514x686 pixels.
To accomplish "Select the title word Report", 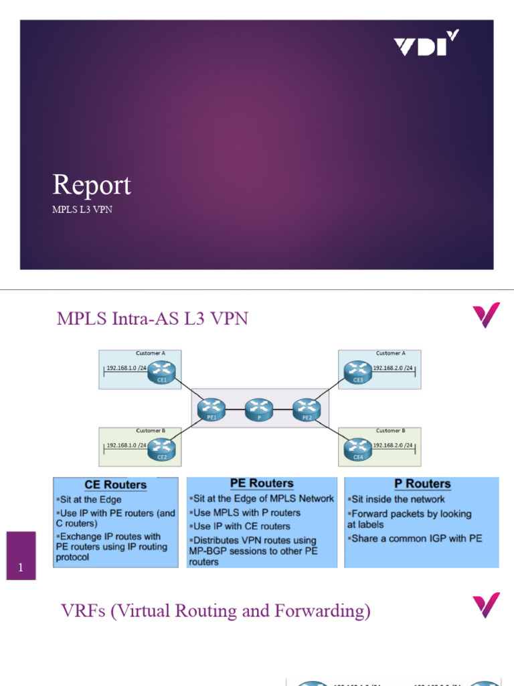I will pyautogui.click(x=92, y=185).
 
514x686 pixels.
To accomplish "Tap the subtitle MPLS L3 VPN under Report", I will pyautogui.click(x=78, y=209).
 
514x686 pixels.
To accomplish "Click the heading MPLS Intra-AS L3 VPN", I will pyautogui.click(x=153, y=318).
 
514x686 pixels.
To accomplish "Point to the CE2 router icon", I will pyautogui.click(x=161, y=447).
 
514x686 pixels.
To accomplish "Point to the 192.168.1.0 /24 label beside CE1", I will pyautogui.click(x=126, y=368).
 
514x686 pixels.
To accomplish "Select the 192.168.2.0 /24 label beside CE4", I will pyautogui.click(x=394, y=446).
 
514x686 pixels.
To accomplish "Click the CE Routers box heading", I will pyautogui.click(x=115, y=484).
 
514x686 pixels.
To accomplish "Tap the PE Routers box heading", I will pyautogui.click(x=261, y=483).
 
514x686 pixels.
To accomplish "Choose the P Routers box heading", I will pyautogui.click(x=422, y=484).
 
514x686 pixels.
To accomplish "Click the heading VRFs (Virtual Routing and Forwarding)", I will pyautogui.click(x=216, y=610).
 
